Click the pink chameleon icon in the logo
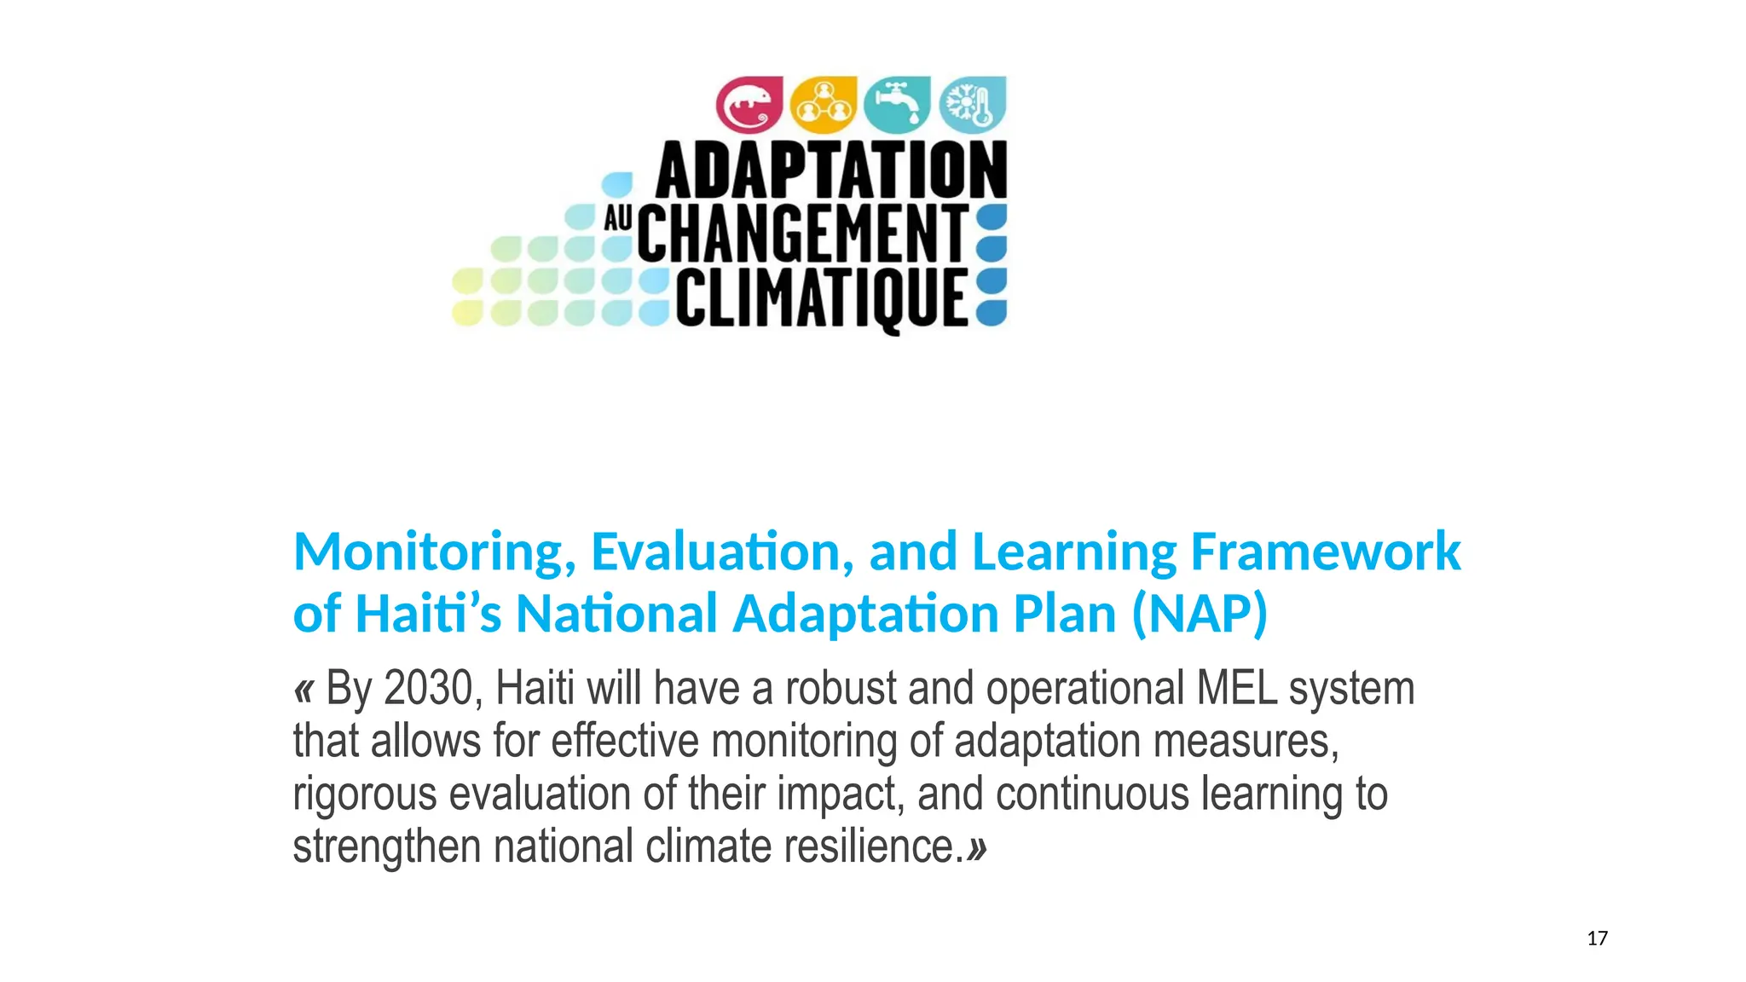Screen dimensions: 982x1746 [749, 105]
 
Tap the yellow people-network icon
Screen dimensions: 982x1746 [823, 105]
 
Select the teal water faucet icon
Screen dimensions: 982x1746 [897, 105]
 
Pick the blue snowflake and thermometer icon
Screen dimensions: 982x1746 [972, 105]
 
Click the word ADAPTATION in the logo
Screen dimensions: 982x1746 [831, 170]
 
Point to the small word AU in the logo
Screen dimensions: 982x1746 [618, 219]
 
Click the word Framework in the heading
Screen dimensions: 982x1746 [1326, 552]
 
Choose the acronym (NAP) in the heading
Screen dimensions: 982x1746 [1200, 614]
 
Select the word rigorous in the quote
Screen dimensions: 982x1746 [365, 794]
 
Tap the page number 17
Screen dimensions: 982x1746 [1597, 939]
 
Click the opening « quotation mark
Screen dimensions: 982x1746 [304, 689]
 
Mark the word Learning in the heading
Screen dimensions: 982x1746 [1074, 552]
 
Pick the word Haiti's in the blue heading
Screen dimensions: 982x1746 [428, 614]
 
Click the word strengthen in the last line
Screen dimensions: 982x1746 [387, 846]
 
